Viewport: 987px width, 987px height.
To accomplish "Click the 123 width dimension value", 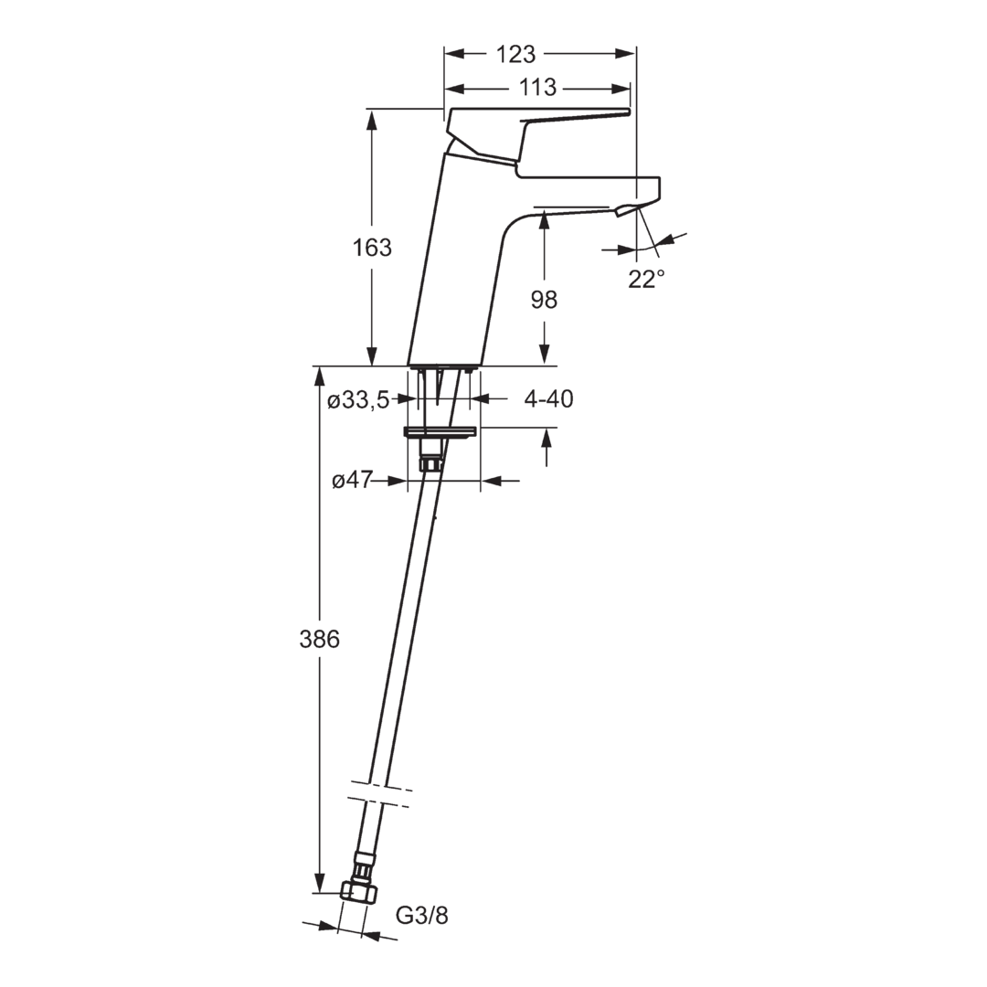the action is (516, 54).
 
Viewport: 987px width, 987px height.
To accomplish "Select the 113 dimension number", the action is (537, 87).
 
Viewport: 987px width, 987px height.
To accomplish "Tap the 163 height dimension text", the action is (372, 248).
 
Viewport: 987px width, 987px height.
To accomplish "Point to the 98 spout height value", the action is (544, 300).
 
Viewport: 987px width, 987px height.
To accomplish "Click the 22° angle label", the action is (646, 278).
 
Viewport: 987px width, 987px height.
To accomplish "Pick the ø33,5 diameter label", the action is (359, 399).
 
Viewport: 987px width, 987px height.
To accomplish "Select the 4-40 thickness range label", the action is (549, 399).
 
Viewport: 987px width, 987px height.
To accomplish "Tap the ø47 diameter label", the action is (352, 481).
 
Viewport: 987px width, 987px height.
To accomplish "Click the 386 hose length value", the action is (319, 640).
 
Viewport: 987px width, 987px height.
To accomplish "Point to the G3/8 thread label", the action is (421, 915).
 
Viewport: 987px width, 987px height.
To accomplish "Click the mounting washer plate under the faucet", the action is (440, 432).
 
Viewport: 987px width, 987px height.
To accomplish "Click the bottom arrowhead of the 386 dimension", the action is (320, 883).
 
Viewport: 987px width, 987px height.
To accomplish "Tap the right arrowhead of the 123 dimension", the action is (625, 54).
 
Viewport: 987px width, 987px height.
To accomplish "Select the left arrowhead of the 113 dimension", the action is (454, 88).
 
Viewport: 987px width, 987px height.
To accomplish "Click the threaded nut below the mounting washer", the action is (430, 464).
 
